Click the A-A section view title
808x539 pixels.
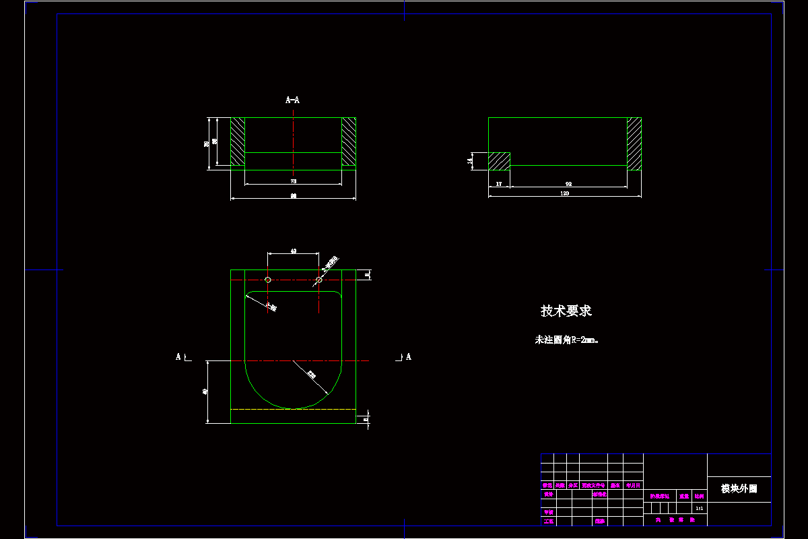pyautogui.click(x=293, y=100)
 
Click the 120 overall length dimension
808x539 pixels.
pyautogui.click(x=564, y=194)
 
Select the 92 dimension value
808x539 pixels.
pyautogui.click(x=568, y=183)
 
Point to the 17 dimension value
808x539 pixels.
pyautogui.click(x=499, y=183)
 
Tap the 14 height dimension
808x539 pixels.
pyautogui.click(x=470, y=161)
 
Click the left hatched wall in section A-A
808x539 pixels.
pyautogui.click(x=238, y=142)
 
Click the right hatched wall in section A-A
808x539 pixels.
pyautogui.click(x=348, y=142)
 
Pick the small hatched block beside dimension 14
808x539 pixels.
pyautogui.click(x=499, y=161)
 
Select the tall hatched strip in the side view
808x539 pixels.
pyautogui.click(x=634, y=144)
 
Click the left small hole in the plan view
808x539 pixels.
pyautogui.click(x=268, y=280)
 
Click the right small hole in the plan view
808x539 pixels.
pyautogui.click(x=319, y=280)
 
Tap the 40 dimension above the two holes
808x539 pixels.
pyautogui.click(x=294, y=251)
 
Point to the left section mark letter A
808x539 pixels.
pyautogui.click(x=178, y=356)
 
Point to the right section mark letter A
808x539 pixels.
pyautogui.click(x=408, y=356)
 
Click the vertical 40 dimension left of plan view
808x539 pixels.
pyautogui.click(x=205, y=391)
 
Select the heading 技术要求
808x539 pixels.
pyautogui.click(x=566, y=311)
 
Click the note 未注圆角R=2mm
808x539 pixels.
pyautogui.click(x=566, y=340)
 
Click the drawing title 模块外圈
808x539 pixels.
pyautogui.click(x=739, y=489)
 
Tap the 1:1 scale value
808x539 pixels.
pyautogui.click(x=700, y=508)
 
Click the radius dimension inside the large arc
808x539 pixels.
pyautogui.click(x=311, y=374)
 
